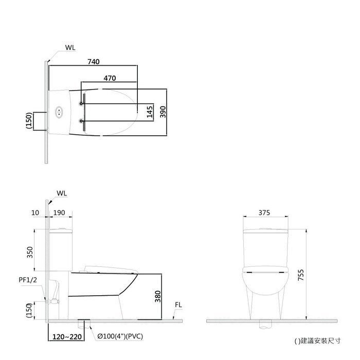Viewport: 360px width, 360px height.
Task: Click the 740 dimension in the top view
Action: click(94, 62)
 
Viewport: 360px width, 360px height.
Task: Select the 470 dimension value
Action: click(110, 78)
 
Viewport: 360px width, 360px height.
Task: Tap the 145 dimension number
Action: click(150, 112)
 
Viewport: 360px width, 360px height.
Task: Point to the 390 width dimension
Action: click(163, 112)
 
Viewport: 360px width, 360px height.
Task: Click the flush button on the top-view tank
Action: click(59, 112)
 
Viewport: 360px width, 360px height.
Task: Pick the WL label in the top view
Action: click(70, 48)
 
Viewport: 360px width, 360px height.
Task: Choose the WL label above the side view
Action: click(62, 193)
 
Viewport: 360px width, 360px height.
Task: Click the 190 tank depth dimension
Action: click(59, 212)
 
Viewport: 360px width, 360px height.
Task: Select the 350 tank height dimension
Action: click(30, 252)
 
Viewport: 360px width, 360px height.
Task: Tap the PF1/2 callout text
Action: click(28, 280)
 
